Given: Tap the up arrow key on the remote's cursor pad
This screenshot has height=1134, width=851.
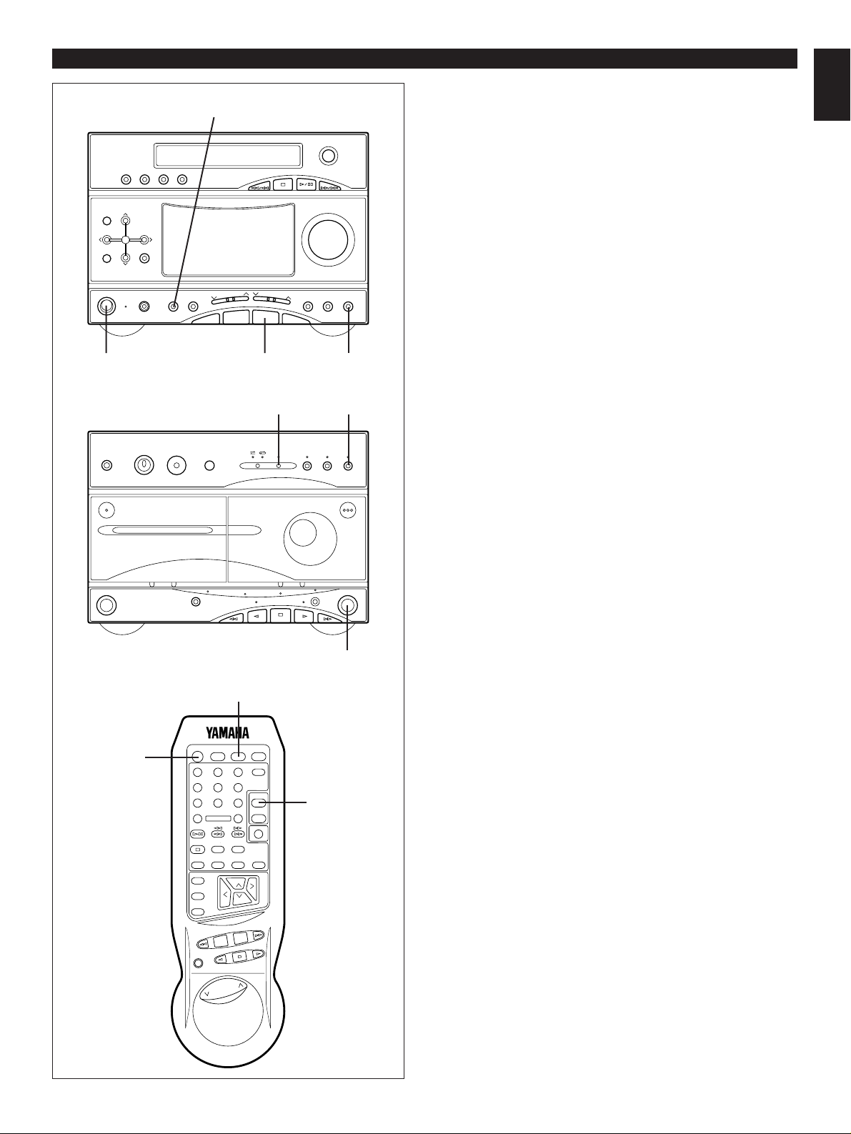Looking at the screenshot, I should tap(239, 885).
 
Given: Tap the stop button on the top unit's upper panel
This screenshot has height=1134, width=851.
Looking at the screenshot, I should tap(283, 184).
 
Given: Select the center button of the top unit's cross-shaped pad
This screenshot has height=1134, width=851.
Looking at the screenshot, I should tap(125, 239).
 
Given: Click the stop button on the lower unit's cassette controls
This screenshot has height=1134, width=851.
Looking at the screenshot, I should tap(282, 615).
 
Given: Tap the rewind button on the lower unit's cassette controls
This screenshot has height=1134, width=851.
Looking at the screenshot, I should tap(232, 617).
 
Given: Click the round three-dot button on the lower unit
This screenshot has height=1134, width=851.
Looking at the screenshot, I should tap(348, 510).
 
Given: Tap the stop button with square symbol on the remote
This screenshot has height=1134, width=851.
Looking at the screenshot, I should tap(198, 850).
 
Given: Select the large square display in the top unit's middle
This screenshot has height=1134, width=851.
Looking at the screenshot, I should tap(228, 239).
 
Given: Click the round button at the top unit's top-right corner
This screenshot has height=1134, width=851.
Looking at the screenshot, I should tap(329, 155).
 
